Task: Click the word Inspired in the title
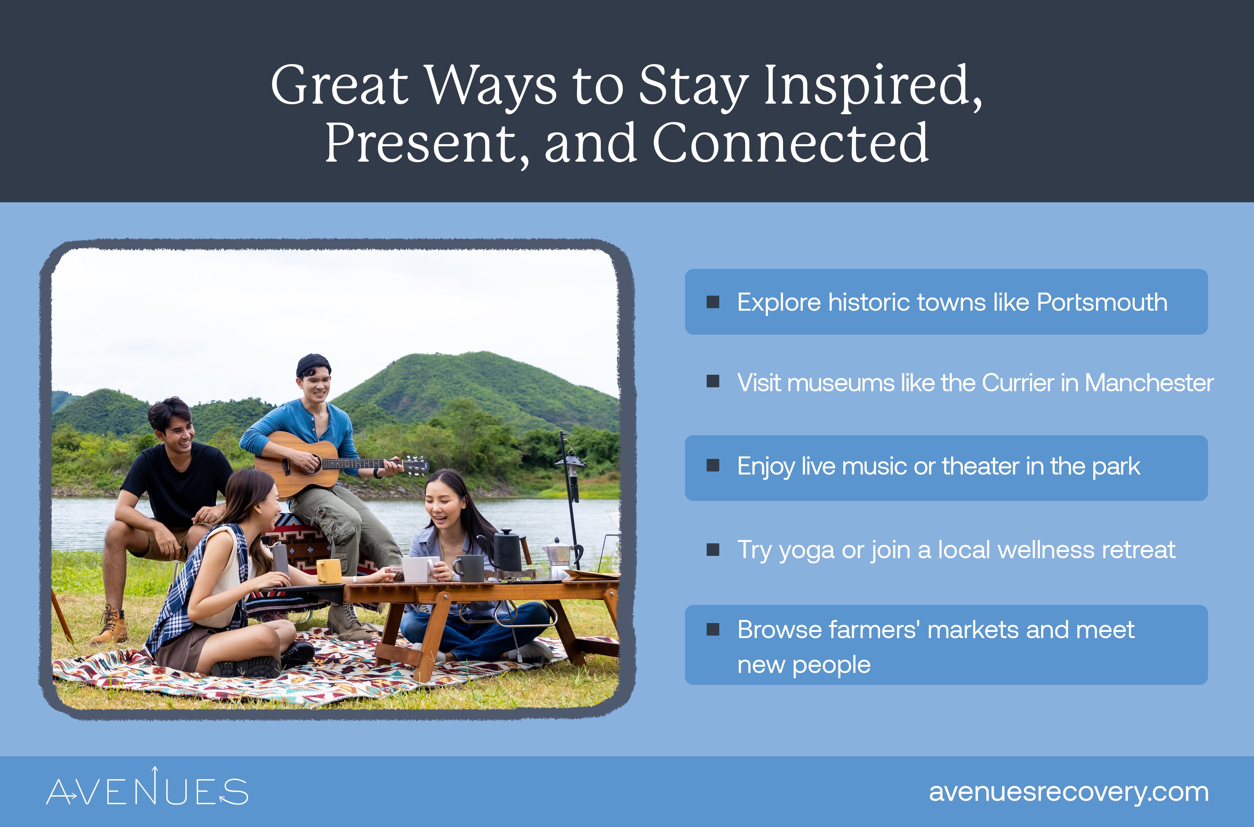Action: [873, 86]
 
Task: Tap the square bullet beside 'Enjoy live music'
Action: [713, 465]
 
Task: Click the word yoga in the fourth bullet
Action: [807, 550]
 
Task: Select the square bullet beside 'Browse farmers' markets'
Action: [713, 629]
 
